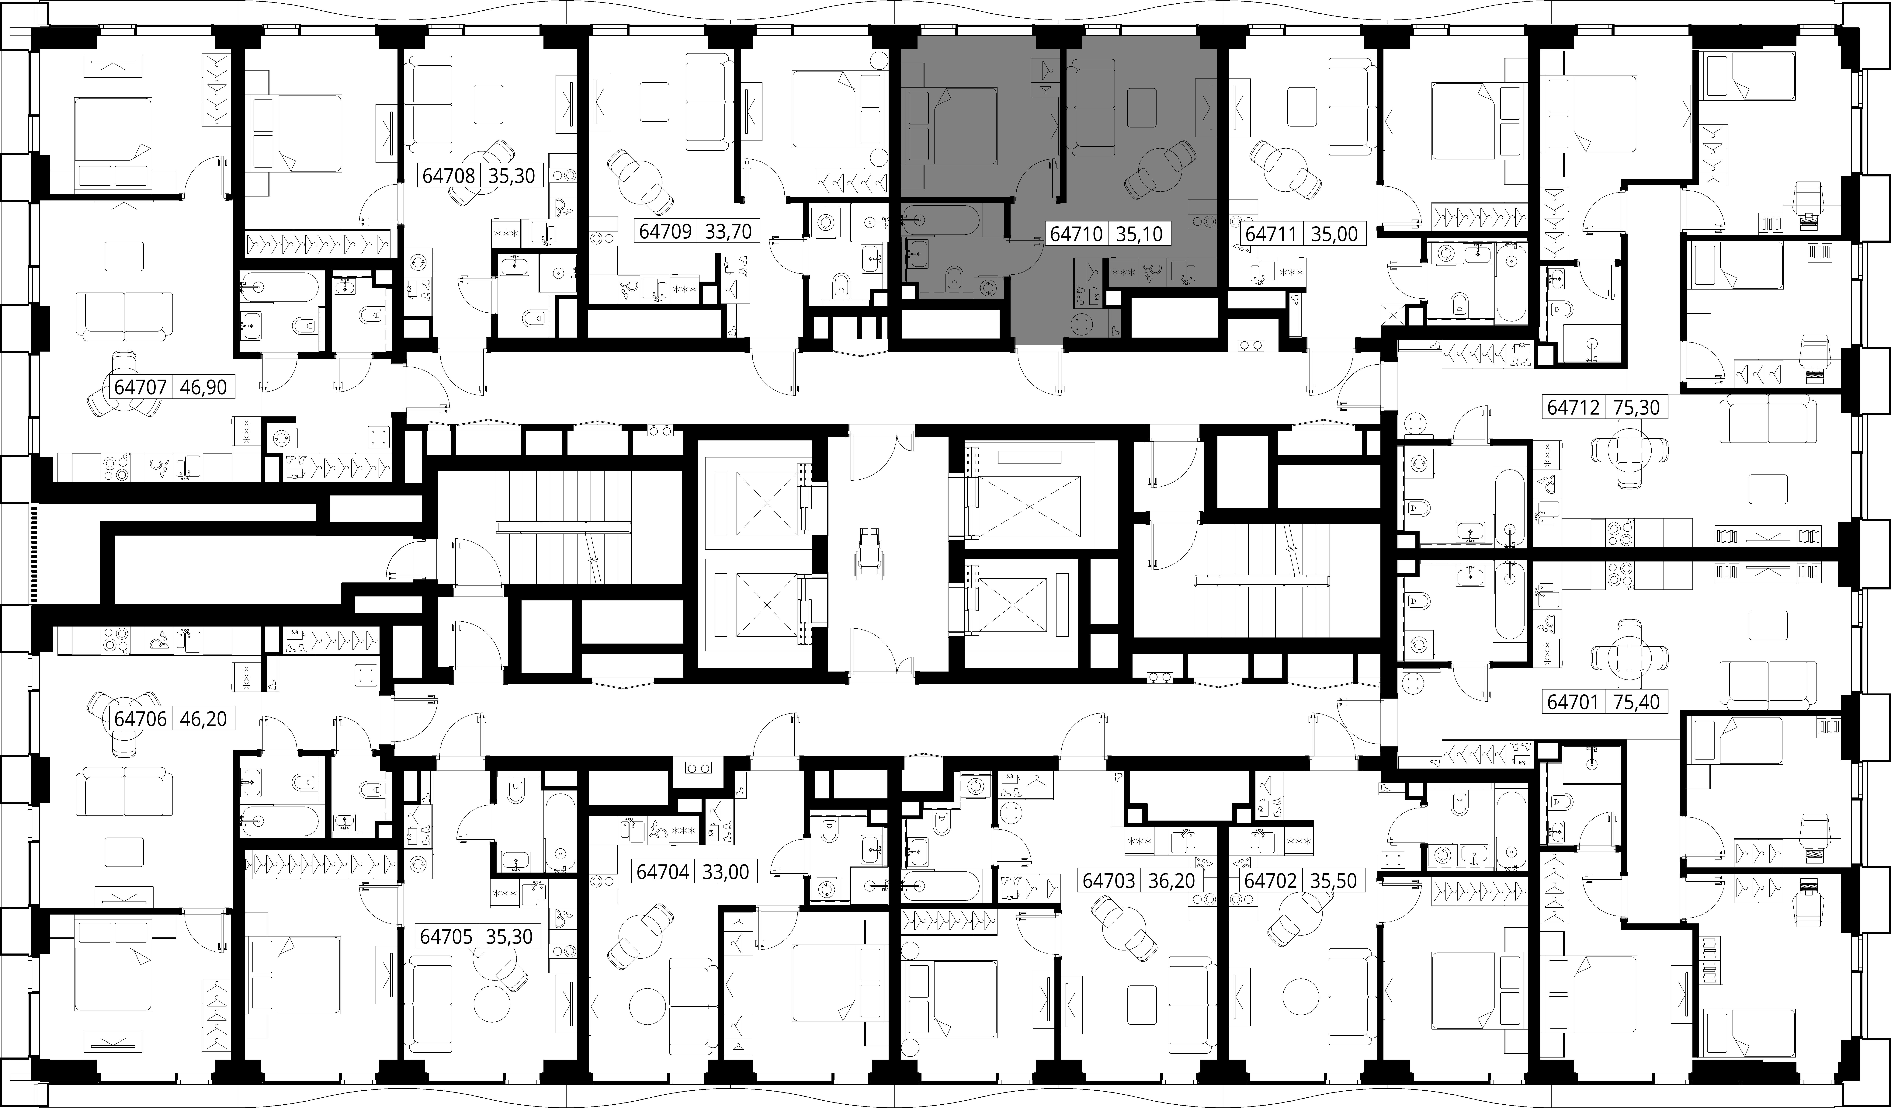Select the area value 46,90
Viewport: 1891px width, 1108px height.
pyautogui.click(x=203, y=387)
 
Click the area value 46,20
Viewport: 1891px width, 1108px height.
pyautogui.click(x=203, y=718)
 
